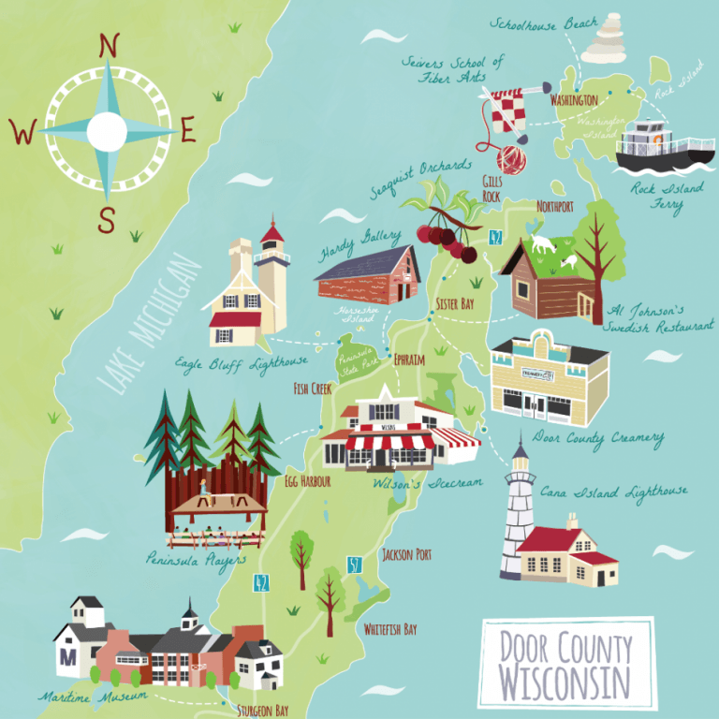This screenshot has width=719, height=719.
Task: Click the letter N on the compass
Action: [109, 46]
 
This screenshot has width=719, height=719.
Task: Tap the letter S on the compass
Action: [107, 221]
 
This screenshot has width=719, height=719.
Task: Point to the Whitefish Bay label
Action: [390, 629]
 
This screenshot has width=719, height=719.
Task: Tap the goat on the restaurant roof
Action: [541, 245]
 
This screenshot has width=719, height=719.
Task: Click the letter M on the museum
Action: [66, 656]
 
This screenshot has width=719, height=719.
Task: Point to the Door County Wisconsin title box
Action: [565, 663]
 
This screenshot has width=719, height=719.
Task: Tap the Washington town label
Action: [574, 99]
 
